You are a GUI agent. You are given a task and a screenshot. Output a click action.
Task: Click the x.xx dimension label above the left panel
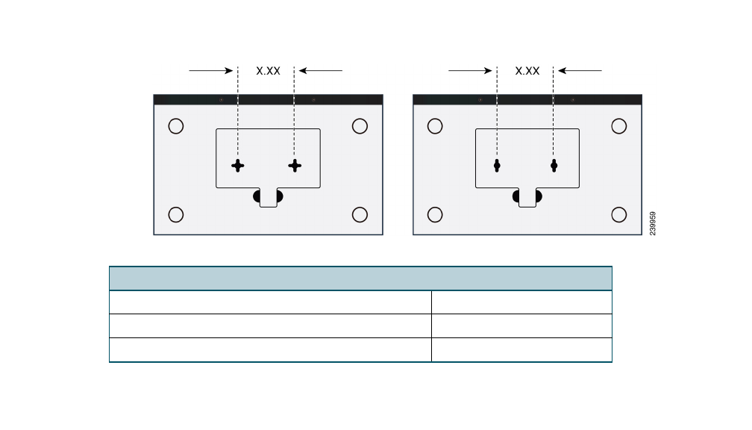point(268,71)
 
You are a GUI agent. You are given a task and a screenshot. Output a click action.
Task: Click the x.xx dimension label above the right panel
point(527,71)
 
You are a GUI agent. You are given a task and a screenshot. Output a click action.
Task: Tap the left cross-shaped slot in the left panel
point(237,166)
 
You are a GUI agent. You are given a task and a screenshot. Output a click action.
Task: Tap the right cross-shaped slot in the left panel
point(295,166)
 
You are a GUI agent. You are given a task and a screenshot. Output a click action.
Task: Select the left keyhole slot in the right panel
point(497,166)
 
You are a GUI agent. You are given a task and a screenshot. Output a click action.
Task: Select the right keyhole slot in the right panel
point(554,166)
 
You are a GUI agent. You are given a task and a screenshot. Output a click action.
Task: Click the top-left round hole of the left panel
point(176,126)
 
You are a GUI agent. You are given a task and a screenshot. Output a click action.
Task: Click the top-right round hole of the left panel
point(360,126)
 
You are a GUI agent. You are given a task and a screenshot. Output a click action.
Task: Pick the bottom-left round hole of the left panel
point(176,215)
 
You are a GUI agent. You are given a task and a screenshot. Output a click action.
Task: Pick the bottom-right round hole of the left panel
point(360,215)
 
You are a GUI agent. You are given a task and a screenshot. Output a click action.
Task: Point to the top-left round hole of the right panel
point(435,126)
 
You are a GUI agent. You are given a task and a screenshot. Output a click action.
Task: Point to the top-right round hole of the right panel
point(618,126)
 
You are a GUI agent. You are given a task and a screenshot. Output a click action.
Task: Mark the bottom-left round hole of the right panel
point(435,215)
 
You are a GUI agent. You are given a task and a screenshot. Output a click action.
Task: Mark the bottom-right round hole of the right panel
point(618,215)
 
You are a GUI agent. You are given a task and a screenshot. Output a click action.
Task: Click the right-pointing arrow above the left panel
point(211,71)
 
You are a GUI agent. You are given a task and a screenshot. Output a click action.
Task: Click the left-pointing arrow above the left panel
point(321,71)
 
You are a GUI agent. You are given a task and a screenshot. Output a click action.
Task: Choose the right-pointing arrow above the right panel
point(471,71)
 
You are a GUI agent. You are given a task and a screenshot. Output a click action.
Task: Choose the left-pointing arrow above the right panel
point(580,71)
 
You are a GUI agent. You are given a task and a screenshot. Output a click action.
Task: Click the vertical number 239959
point(653,224)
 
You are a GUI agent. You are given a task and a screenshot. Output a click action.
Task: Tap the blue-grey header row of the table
point(360,278)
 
